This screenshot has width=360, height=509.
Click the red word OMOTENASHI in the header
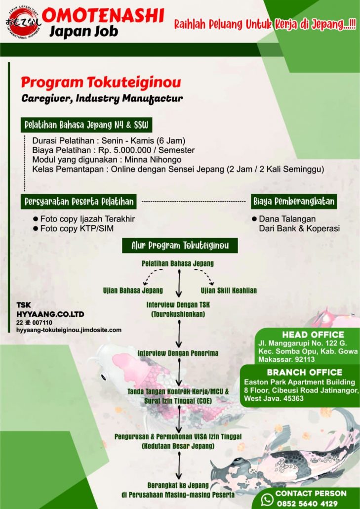[x=103, y=16]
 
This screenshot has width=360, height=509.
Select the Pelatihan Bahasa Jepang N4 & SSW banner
[x=87, y=125]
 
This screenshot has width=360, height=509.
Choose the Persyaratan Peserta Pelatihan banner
[x=80, y=201]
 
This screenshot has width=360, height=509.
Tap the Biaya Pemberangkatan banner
[x=294, y=201]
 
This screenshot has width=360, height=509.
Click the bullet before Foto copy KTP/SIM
[x=35, y=228]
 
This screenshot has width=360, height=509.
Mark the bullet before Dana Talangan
[x=254, y=219]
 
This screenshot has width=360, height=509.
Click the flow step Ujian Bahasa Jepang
[x=133, y=290]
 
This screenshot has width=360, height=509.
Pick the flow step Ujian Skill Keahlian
[x=229, y=290]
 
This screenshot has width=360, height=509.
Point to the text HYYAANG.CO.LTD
[x=50, y=314]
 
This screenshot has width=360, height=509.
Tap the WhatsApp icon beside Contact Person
[x=267, y=499]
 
